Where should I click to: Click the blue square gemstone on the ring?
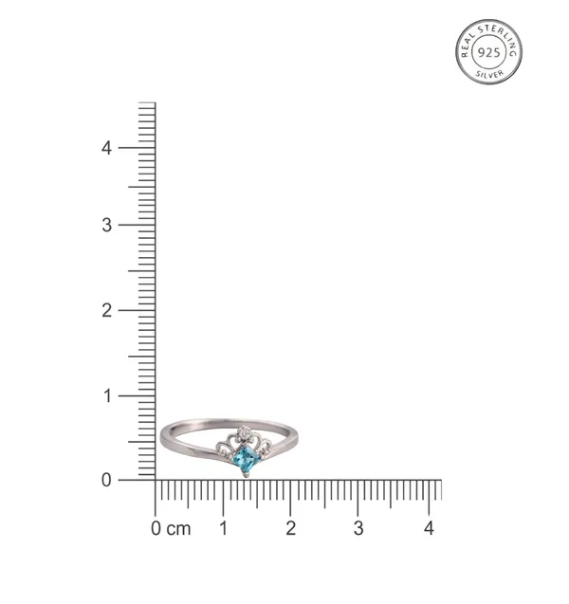[245, 458]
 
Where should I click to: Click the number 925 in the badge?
[489, 52]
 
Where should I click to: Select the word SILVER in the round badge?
[489, 74]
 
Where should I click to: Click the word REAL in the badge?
[468, 46]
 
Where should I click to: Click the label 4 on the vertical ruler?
[106, 148]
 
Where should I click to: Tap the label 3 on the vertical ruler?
[107, 225]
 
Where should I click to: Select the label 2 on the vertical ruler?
[107, 310]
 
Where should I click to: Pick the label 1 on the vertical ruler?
[107, 396]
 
